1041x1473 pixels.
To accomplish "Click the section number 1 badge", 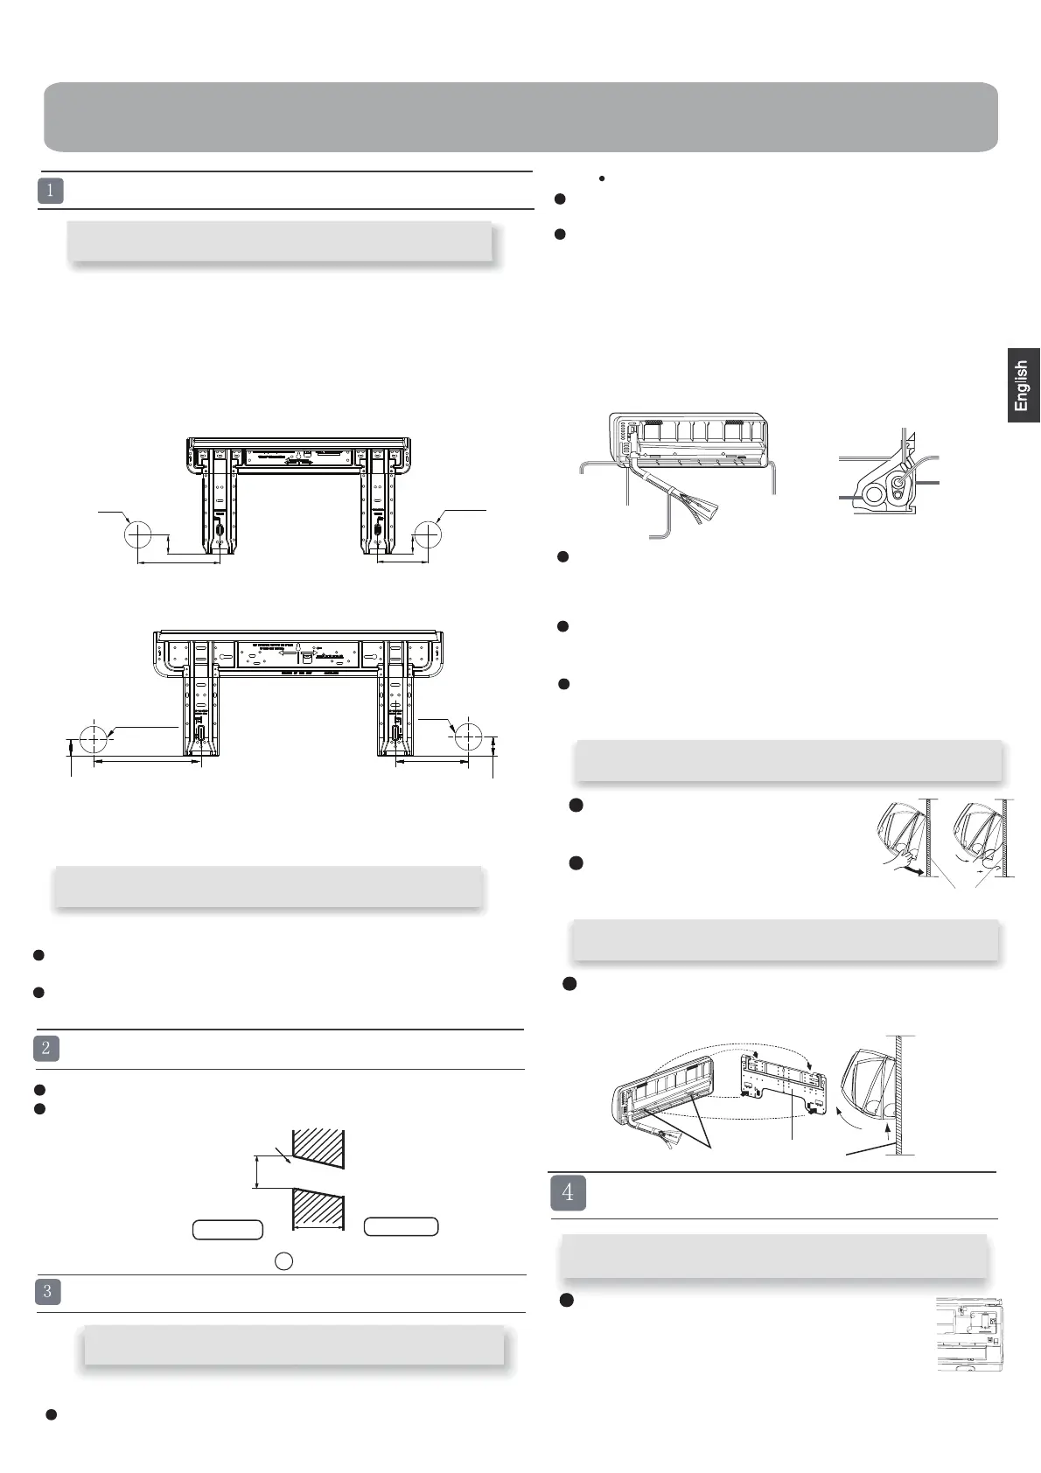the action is pos(51,191).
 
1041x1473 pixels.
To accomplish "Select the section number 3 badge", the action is pos(47,1292).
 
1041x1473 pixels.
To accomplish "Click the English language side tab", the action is pos(1023,386).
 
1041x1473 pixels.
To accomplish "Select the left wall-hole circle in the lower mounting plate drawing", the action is pos(93,738).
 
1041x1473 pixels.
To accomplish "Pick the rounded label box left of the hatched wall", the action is pos(227,1229).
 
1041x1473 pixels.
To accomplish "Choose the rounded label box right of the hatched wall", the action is pos(401,1226).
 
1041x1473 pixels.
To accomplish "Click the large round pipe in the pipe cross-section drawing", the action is pos(874,496).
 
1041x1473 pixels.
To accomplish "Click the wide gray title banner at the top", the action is pos(520,117).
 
